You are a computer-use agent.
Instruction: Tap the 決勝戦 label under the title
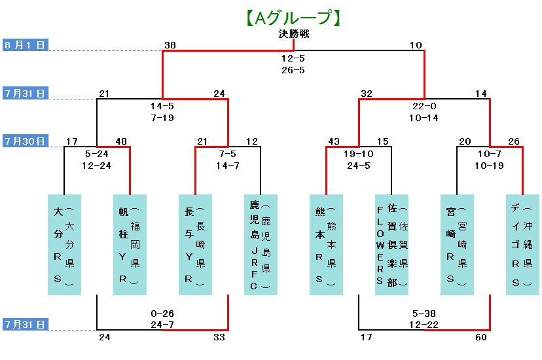pos(293,34)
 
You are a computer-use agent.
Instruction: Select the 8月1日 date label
pos(25,45)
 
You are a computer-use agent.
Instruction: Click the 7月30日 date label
pos(25,141)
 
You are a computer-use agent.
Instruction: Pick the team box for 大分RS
pos(64,243)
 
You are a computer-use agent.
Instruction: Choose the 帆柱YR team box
pos(130,243)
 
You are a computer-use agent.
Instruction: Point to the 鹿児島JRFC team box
pos(261,243)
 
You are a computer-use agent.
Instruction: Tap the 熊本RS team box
pos(326,243)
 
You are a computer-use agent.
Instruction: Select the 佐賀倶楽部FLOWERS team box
pos(391,243)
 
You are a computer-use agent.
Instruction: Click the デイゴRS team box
pos(522,243)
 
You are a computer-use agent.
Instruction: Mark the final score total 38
pos(170,45)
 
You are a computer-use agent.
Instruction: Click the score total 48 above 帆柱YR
pos(121,141)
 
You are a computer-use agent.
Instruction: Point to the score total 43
pos(334,141)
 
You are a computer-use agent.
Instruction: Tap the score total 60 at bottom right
pos(481,337)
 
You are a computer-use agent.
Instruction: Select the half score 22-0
pos(424,106)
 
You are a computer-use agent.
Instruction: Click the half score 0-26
pos(162,314)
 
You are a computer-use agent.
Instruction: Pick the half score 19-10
pos(359,154)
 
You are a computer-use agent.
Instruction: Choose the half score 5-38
pos(424,314)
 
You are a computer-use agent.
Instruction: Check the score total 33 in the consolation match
pos(219,337)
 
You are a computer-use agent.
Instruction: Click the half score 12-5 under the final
pos(293,58)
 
